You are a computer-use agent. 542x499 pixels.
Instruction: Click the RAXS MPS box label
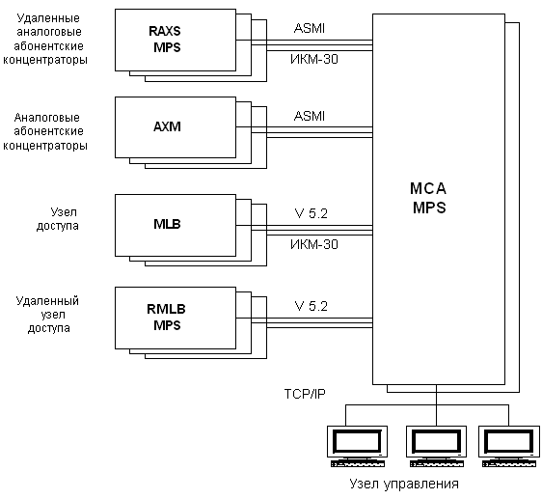tap(165, 40)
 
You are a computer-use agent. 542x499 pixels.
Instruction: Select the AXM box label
tap(167, 126)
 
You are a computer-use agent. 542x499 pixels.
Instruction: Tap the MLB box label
tap(167, 224)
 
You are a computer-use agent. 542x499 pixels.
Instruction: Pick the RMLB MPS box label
tap(166, 317)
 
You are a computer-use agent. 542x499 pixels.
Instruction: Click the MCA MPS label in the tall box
tap(428, 198)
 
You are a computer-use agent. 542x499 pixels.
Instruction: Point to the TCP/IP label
tap(305, 394)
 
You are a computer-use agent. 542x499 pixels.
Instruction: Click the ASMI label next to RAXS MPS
tap(310, 28)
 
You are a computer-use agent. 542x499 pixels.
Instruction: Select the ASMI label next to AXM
tap(310, 116)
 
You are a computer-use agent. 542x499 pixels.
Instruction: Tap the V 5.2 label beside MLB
tap(312, 213)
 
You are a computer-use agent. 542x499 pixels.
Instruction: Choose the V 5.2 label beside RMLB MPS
tap(312, 306)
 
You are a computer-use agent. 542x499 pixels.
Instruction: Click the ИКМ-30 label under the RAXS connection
tap(314, 59)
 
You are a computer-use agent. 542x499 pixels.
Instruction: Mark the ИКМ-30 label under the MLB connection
tap(314, 244)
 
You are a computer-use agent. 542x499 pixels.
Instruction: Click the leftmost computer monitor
tap(358, 447)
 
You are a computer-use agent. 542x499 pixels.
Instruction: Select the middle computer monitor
tap(436, 447)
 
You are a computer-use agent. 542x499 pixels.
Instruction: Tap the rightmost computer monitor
tap(509, 447)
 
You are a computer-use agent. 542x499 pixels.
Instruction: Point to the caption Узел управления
tap(404, 484)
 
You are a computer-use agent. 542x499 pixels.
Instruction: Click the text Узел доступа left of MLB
tap(58, 219)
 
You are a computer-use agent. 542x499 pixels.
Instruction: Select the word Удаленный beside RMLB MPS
tap(47, 301)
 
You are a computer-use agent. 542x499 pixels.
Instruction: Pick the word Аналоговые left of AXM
tap(47, 118)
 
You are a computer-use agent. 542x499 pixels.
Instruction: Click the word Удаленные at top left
tap(48, 18)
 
